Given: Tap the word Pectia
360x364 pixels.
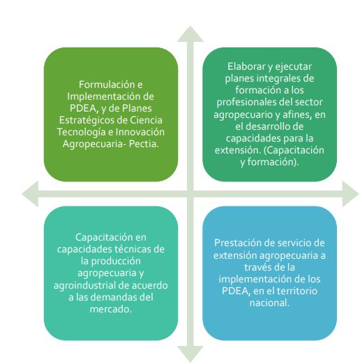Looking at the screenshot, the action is click(144, 144).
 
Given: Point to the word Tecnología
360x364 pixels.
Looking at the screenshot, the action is click(82, 132).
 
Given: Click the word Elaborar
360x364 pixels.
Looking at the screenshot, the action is click(246, 67).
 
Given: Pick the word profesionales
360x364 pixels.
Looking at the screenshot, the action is click(246, 103).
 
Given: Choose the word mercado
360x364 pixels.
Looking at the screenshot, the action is click(111, 309).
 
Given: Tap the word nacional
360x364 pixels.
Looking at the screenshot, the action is click(269, 303).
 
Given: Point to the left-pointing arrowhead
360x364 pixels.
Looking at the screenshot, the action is click(31, 194).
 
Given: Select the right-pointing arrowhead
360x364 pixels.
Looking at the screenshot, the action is click(350, 194).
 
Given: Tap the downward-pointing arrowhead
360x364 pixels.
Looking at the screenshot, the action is click(190, 353).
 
